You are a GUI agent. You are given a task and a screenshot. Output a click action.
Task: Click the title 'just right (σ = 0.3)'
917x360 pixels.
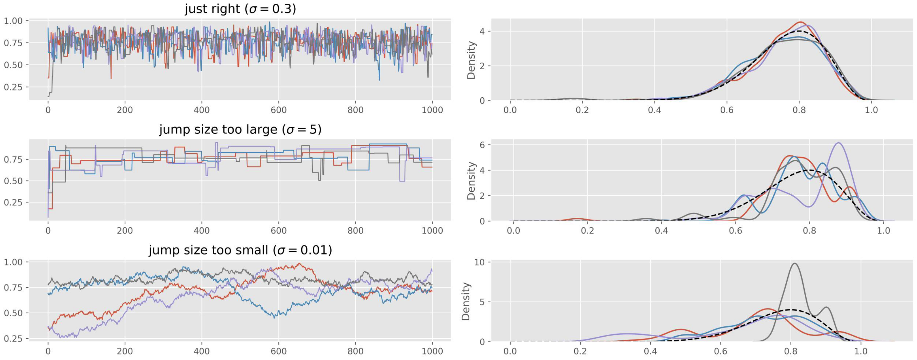coord(240,8)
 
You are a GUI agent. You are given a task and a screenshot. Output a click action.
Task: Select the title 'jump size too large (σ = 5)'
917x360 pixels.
coord(240,129)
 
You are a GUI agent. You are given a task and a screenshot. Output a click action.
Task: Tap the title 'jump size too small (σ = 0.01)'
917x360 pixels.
coord(240,250)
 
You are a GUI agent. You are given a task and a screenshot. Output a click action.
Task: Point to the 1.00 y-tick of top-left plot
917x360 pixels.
coord(13,21)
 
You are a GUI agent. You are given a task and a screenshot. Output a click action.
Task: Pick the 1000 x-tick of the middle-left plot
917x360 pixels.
coord(432,231)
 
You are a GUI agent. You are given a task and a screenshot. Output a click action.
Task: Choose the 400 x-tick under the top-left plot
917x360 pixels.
coord(201,110)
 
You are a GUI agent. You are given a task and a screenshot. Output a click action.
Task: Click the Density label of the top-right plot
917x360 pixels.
coord(471,60)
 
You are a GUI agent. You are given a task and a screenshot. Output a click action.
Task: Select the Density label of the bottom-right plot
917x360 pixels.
coord(466,302)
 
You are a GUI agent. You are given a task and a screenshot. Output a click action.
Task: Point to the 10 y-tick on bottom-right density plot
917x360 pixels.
coord(479,262)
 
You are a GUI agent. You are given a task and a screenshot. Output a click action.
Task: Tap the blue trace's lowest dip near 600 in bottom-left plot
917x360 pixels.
coord(274,317)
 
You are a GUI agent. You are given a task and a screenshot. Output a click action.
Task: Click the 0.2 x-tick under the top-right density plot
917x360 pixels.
coord(582,110)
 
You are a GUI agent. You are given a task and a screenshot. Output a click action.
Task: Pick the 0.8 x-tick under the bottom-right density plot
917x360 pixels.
coord(791,351)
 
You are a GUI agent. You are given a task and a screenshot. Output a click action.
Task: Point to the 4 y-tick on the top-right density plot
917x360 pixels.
coord(482,31)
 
